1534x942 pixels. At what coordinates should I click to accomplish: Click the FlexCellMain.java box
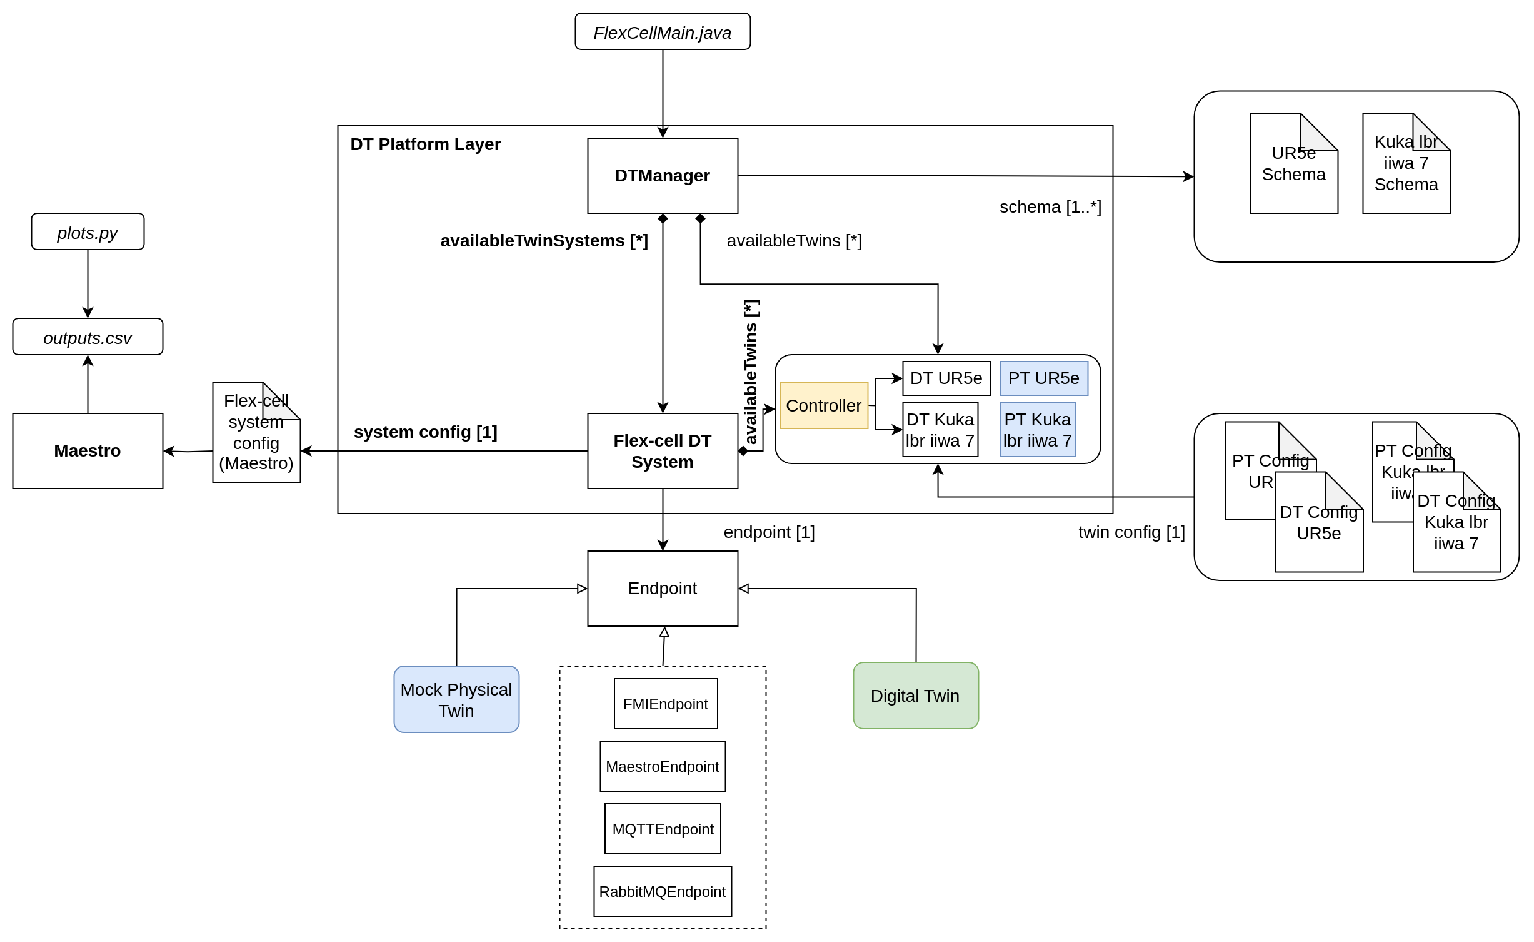(x=662, y=32)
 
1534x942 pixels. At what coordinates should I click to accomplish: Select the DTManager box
(x=662, y=176)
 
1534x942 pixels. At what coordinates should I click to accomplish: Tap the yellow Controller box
(x=823, y=405)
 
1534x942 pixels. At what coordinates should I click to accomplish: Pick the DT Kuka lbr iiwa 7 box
(x=940, y=430)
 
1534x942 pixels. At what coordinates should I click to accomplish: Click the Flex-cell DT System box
(x=662, y=451)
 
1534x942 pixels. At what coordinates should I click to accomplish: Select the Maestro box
(x=88, y=451)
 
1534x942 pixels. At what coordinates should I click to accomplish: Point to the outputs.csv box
(x=88, y=337)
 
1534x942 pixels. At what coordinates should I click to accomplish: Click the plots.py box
(x=88, y=232)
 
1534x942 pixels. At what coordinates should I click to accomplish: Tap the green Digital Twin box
(x=915, y=696)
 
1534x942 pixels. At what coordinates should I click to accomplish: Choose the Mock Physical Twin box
(x=456, y=699)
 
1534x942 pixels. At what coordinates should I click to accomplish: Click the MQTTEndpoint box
(x=663, y=829)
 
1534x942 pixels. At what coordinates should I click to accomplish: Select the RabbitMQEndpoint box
(x=663, y=891)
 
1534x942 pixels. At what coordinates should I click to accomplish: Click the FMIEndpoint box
(x=665, y=704)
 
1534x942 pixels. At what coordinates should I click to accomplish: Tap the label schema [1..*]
(x=1050, y=207)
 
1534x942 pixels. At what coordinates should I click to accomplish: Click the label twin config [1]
(x=1131, y=532)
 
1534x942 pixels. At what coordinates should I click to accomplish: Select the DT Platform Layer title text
(x=425, y=144)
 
